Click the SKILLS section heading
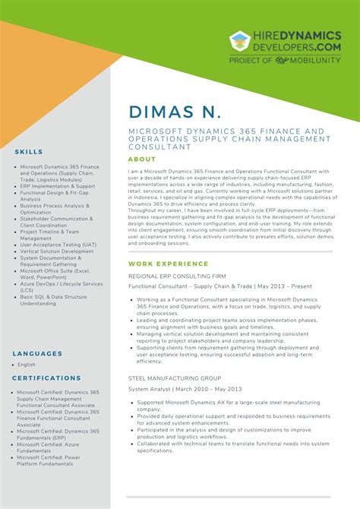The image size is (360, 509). pyautogui.click(x=29, y=152)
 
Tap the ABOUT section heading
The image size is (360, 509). pyautogui.click(x=142, y=160)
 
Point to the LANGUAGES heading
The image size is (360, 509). pyautogui.click(x=37, y=353)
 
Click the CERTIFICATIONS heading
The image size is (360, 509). pyautogui.click(x=47, y=378)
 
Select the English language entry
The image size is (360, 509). pyautogui.click(x=27, y=365)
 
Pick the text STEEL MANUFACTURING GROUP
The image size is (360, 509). pyautogui.click(x=175, y=378)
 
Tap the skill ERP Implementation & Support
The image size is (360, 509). pyautogui.click(x=58, y=185)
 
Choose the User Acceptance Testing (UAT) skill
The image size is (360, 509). pyautogui.click(x=58, y=245)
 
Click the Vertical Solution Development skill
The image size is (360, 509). pyautogui.click(x=56, y=251)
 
